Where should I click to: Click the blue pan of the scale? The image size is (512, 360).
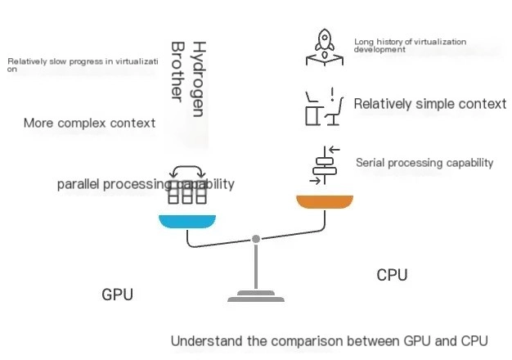(x=187, y=220)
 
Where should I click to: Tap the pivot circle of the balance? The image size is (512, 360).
(x=256, y=239)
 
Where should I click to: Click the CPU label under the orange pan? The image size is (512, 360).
(x=392, y=275)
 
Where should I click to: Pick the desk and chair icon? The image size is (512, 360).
(x=322, y=107)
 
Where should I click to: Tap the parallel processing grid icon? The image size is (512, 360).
(x=186, y=188)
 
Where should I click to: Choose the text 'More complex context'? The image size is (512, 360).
(x=89, y=124)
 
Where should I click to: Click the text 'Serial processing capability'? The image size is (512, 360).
(x=424, y=163)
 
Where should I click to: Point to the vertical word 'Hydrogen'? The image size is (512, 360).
(x=196, y=79)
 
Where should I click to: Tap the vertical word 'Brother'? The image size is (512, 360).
(x=176, y=70)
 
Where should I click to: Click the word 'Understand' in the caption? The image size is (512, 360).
(x=201, y=340)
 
